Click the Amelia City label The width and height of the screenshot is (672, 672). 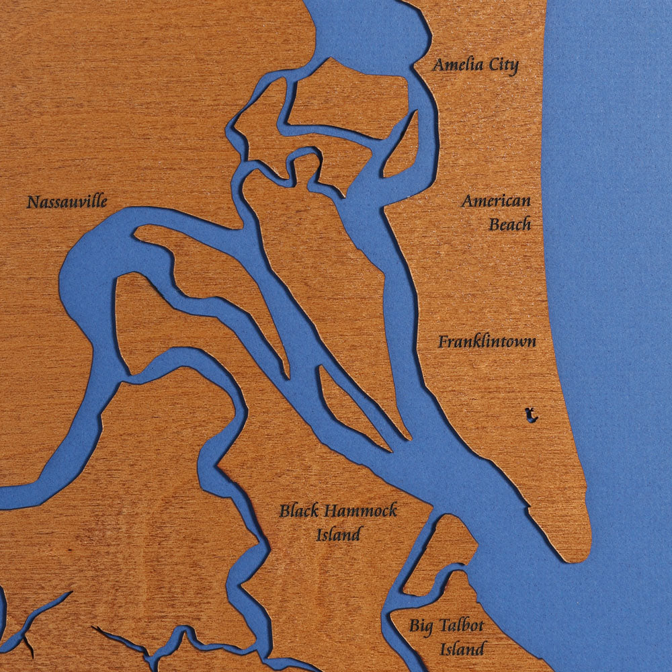tap(475, 65)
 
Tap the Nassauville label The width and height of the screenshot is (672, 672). tap(67, 201)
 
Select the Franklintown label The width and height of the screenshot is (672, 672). tap(487, 341)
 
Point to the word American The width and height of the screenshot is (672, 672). tap(496, 201)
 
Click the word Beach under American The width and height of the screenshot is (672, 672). tap(509, 224)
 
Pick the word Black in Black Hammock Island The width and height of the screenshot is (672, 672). tap(299, 511)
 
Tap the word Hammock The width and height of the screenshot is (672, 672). tap(360, 511)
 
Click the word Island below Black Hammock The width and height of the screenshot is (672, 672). tap(339, 534)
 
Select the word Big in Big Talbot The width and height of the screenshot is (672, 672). tap(422, 627)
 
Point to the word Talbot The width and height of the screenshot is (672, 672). tap(462, 626)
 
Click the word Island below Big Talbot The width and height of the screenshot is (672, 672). tap(462, 649)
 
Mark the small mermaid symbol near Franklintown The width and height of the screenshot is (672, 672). tap(531, 415)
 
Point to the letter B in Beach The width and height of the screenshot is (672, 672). tap(494, 224)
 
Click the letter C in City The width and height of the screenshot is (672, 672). tap(496, 65)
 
